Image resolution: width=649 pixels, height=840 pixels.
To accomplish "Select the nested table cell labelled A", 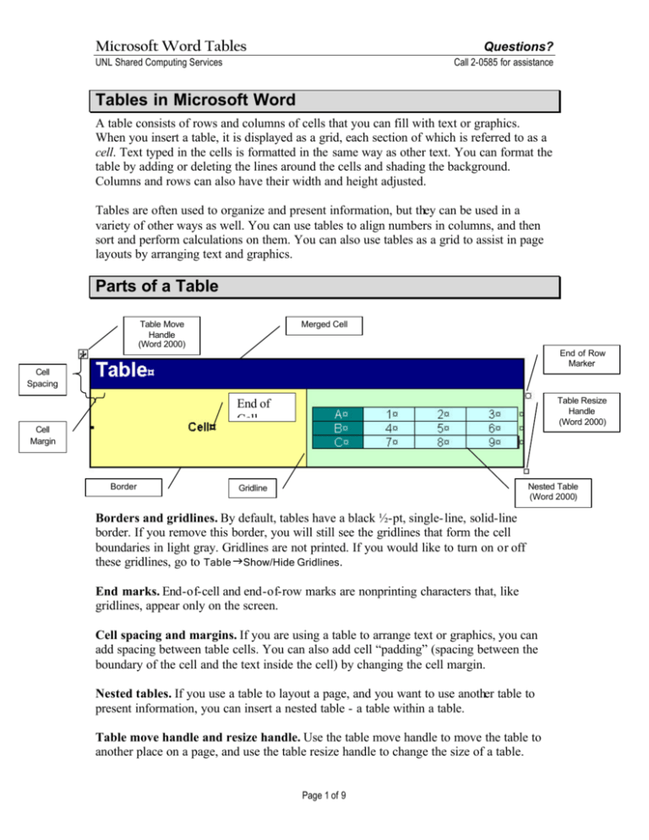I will coord(341,414).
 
